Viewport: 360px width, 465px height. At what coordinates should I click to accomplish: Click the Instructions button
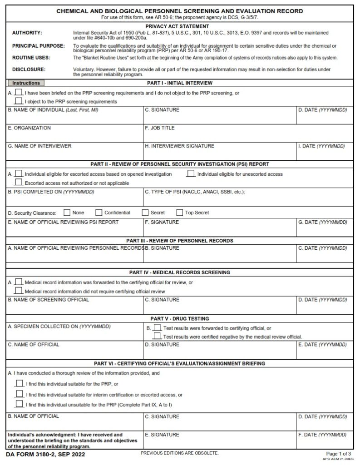pyautogui.click(x=26, y=83)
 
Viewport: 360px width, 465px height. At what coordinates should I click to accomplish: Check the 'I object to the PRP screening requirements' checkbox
pyautogui.click(x=19, y=101)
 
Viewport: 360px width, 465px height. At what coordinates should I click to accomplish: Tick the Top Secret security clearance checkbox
pyautogui.click(x=179, y=212)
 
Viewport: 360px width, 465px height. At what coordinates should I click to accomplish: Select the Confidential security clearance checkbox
pyautogui.click(x=99, y=212)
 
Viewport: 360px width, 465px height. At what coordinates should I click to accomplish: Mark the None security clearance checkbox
pyautogui.click(x=67, y=212)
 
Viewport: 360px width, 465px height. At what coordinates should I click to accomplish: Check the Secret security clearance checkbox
pyautogui.click(x=145, y=212)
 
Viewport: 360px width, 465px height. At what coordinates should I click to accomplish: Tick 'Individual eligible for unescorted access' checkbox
pyautogui.click(x=191, y=173)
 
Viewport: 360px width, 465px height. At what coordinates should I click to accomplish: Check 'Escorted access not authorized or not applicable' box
pyautogui.click(x=19, y=182)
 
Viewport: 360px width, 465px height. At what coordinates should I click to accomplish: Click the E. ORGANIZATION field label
pyautogui.click(x=30, y=128)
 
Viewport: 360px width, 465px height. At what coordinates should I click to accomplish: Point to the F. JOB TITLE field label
pyautogui.click(x=159, y=128)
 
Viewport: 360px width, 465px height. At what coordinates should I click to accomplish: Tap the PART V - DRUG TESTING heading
pyautogui.click(x=180, y=319)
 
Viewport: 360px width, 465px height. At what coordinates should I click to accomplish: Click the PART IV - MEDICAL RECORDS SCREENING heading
pyautogui.click(x=180, y=272)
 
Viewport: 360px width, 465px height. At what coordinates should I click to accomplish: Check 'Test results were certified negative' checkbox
pyautogui.click(x=157, y=336)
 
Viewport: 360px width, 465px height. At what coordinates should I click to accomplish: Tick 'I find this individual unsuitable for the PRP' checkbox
pyautogui.click(x=19, y=404)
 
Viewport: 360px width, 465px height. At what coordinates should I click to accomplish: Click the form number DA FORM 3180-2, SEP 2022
pyautogui.click(x=45, y=455)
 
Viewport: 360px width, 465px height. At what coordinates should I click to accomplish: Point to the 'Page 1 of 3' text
pyautogui.click(x=339, y=454)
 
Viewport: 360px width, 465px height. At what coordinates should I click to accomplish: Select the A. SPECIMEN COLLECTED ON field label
pyautogui.click(x=59, y=326)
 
